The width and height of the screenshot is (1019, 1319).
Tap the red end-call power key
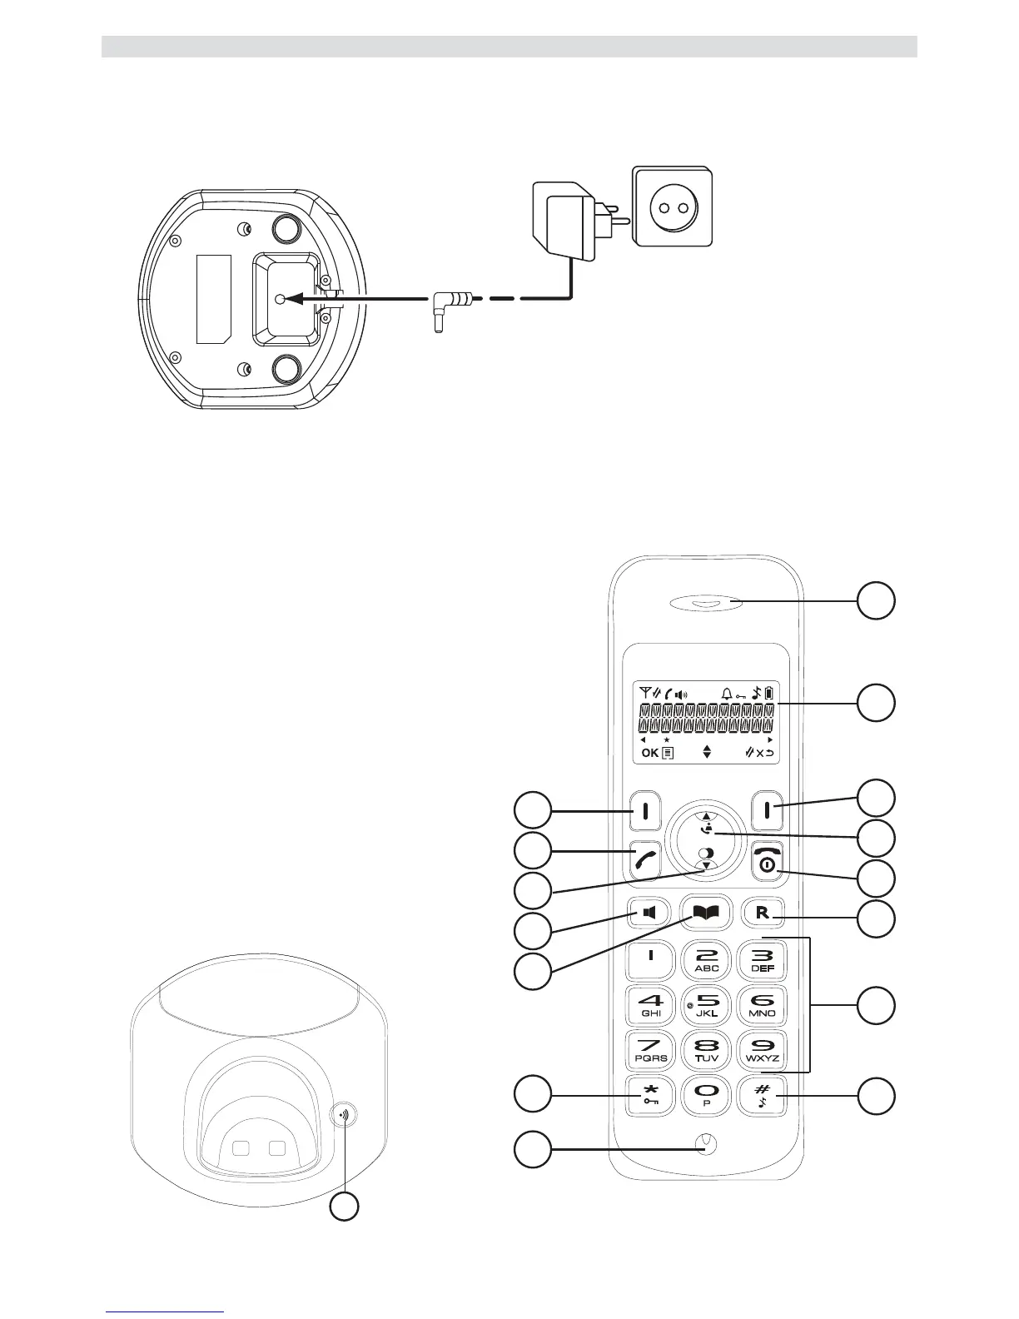pyautogui.click(x=767, y=861)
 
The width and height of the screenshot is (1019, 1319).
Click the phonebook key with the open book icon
pyautogui.click(x=705, y=913)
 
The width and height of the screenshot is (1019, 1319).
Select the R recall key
pyautogui.click(x=763, y=913)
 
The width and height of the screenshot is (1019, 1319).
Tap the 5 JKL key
pyautogui.click(x=707, y=1006)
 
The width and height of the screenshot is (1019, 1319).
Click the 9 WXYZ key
pyautogui.click(x=763, y=1050)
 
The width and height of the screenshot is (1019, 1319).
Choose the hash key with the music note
pyautogui.click(x=763, y=1096)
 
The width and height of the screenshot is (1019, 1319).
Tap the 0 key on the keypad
pyautogui.click(x=706, y=1096)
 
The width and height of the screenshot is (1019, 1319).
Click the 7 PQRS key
pyautogui.click(x=651, y=1050)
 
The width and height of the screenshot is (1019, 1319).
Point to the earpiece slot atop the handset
pyautogui.click(x=705, y=604)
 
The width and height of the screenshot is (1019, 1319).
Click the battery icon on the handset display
pyautogui.click(x=769, y=693)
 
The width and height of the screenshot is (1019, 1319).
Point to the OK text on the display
pyautogui.click(x=649, y=753)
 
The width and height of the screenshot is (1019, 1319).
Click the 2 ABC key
pyautogui.click(x=707, y=961)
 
